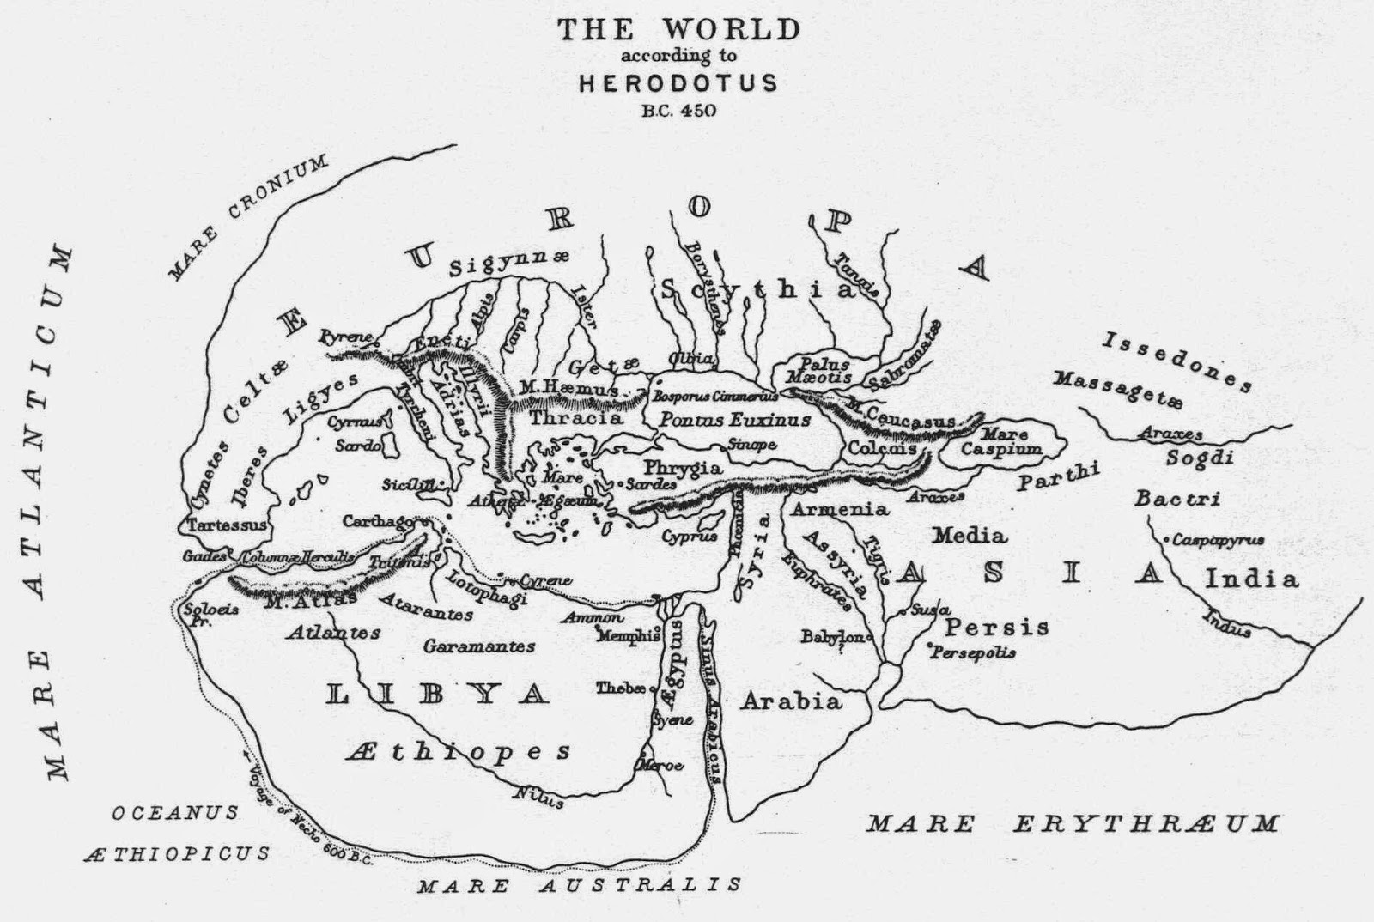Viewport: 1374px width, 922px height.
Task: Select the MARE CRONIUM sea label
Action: [248, 218]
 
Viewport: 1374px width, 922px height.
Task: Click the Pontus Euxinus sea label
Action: [734, 421]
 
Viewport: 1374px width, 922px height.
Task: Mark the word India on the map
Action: [1252, 579]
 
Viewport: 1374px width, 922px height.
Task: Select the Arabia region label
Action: [791, 701]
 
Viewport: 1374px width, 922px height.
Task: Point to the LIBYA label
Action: [438, 695]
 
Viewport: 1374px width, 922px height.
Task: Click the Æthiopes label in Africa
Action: [459, 753]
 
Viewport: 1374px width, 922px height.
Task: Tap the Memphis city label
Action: [629, 636]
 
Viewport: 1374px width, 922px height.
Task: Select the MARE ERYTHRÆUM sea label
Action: [1073, 825]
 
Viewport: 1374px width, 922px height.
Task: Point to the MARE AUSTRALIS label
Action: [579, 885]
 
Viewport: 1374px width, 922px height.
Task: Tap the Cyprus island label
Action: [689, 537]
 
